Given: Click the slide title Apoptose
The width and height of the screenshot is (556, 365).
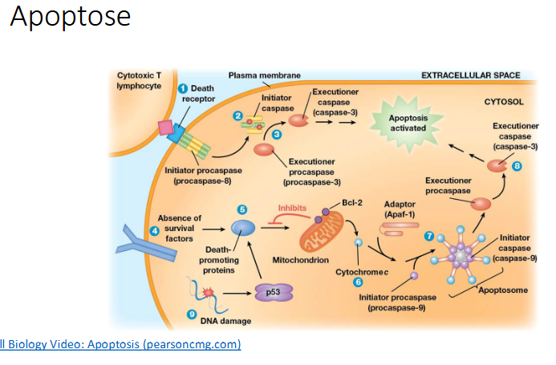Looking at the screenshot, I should pos(70,18).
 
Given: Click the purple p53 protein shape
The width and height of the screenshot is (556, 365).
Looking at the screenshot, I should pos(274,294).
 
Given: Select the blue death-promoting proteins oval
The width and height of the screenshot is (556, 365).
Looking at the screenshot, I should pos(242,229).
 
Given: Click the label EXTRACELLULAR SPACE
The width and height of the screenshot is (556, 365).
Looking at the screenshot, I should pos(470,75).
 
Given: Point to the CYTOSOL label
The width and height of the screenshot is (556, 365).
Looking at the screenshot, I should pos(504,103).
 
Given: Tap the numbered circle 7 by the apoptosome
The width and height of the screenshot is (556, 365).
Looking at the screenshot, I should pos(429,237).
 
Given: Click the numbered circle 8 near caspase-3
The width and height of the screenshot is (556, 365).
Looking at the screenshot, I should pos(517,166).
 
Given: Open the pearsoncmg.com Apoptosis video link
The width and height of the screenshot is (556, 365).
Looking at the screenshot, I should pos(120,344).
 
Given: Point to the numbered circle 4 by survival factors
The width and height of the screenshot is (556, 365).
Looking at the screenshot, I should pos(155,232).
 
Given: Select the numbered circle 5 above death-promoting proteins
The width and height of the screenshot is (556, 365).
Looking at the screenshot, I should pos(241,209).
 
